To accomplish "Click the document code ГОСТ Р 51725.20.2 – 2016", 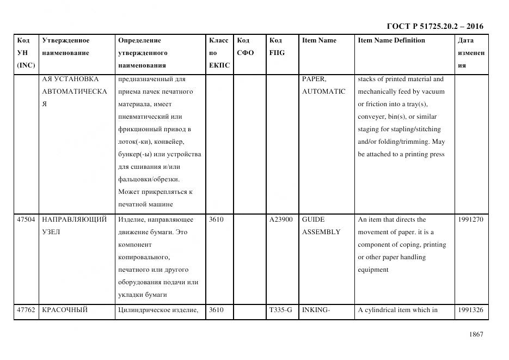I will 434,26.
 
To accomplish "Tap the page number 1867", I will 476,334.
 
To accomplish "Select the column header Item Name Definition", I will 391,40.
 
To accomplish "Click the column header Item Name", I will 319,40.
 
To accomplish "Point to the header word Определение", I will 139,40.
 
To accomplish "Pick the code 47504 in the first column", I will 26,219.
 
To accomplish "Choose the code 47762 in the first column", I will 26,310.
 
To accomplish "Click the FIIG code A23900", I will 281,219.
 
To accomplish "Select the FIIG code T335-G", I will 280,310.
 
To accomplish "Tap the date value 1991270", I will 470,219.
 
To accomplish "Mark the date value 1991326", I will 470,310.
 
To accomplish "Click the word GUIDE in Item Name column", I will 313,219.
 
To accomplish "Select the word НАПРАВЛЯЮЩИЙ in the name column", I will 75,219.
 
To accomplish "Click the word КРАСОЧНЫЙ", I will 65,310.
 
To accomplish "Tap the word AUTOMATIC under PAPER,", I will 323,91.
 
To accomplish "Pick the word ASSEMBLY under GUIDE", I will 321,232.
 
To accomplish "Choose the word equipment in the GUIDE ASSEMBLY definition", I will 373,270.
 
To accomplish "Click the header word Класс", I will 219,40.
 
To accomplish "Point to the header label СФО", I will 246,53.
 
